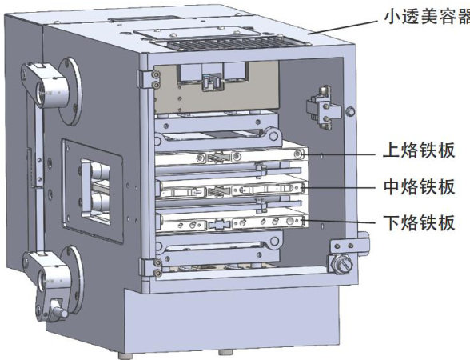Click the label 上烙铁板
coord(420,150)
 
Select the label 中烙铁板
coord(420,186)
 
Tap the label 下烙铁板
coord(420,222)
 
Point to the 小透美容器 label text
coord(427,16)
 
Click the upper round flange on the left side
coord(70,91)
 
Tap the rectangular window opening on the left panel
coord(96,191)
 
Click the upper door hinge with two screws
coord(149,79)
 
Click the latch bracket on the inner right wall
coord(323,108)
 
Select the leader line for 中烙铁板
coord(339,188)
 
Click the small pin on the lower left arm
coord(59,310)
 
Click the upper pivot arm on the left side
coord(45,85)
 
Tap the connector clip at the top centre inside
coord(213,82)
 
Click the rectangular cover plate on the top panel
coord(198,34)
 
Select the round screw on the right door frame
coord(350,112)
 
